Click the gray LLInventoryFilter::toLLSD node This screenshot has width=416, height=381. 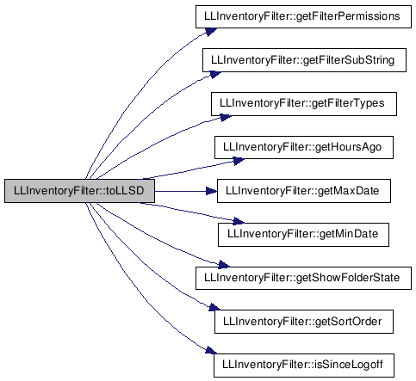tap(79, 191)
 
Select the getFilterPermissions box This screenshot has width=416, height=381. tap(303, 16)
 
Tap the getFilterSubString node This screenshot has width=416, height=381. tap(304, 60)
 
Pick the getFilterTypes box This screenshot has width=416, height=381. tap(304, 104)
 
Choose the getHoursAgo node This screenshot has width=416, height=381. tap(304, 147)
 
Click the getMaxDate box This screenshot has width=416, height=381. tap(304, 191)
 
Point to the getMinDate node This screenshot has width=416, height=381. tap(304, 235)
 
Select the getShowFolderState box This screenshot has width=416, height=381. tap(303, 278)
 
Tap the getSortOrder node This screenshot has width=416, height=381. tap(304, 322)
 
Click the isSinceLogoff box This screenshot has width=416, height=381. tap(304, 366)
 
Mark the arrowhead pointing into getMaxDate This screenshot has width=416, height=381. tap(212, 191)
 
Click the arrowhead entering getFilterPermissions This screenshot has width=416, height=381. tap(211, 31)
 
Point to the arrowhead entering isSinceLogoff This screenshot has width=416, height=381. tap(211, 350)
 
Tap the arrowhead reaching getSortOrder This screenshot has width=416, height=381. tap(214, 308)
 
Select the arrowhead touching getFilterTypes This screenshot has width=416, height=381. tap(226, 117)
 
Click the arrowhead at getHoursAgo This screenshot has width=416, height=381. tap(239, 161)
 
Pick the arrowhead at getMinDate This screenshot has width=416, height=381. tap(239, 221)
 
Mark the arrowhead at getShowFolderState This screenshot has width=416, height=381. tap(224, 265)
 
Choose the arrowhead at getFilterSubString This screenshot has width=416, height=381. tap(215, 75)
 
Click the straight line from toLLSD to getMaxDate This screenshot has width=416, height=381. tap(181, 191)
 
